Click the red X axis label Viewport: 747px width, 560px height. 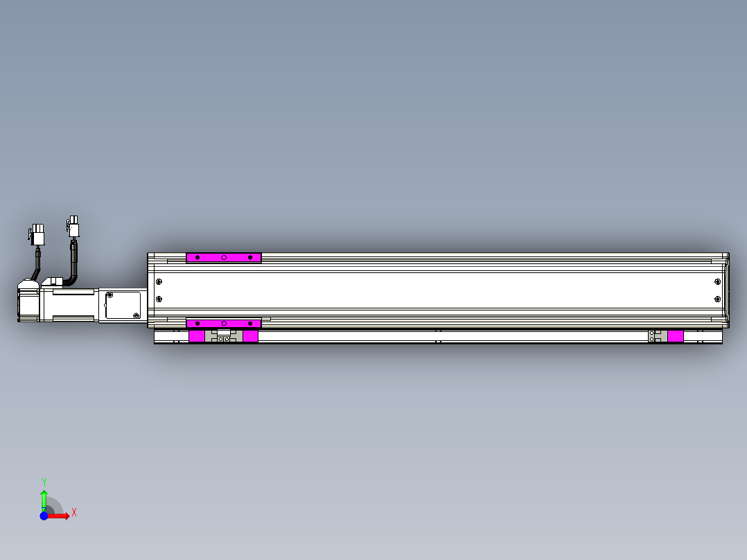click(x=74, y=512)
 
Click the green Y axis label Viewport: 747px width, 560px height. click(x=44, y=482)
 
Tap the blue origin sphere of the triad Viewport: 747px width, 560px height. click(x=44, y=516)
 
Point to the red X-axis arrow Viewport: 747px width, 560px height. click(x=60, y=516)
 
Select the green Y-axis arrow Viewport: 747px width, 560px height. click(x=44, y=498)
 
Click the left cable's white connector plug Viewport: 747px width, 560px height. click(x=37, y=235)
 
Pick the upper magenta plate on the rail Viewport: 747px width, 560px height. click(x=223, y=258)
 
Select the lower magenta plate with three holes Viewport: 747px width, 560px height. click(x=223, y=324)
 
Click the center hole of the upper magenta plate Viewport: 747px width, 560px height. click(x=224, y=258)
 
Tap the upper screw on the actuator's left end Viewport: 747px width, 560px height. click(x=159, y=281)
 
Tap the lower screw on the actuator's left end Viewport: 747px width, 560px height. click(x=159, y=299)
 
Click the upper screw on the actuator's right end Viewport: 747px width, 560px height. click(x=717, y=281)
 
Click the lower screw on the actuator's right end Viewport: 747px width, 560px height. click(x=717, y=299)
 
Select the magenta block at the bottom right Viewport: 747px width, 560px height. click(x=675, y=336)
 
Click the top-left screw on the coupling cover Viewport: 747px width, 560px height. click(x=109, y=295)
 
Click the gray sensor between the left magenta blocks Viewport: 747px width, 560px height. click(x=223, y=336)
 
